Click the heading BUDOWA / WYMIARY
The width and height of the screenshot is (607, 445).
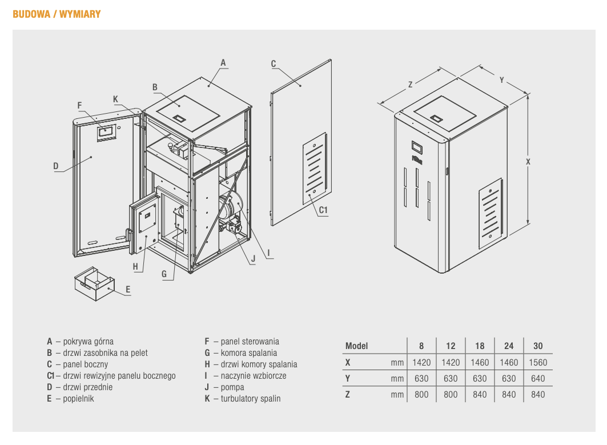point(57,14)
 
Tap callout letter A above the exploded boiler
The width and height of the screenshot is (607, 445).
point(223,62)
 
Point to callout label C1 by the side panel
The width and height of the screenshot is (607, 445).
point(323,210)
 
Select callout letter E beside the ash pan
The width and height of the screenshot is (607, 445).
point(128,290)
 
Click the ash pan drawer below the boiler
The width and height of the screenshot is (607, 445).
point(94,283)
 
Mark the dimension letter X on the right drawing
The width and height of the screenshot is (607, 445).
point(528,162)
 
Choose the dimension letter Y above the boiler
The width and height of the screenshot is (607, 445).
point(502,80)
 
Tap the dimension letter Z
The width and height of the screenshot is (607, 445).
point(410,85)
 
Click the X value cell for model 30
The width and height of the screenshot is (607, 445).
point(538,362)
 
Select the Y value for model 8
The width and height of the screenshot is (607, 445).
point(421,378)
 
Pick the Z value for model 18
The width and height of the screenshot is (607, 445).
point(480,394)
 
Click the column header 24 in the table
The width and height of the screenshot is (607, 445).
point(509,346)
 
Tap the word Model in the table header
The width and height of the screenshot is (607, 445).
point(357,346)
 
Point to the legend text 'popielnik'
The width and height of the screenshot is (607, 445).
point(78,398)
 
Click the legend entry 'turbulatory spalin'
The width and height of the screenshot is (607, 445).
point(251,398)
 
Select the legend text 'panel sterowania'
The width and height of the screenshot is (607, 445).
point(250,341)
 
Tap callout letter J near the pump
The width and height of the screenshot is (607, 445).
point(252,258)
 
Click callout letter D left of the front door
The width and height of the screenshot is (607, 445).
point(56,166)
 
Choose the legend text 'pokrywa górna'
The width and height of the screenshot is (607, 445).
point(88,341)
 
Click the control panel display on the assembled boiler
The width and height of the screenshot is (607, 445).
point(417,146)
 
